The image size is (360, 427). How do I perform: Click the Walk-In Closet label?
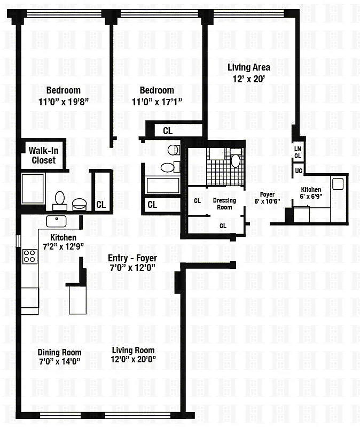(x=44, y=155)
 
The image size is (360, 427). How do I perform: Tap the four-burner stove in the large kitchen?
(x=30, y=257)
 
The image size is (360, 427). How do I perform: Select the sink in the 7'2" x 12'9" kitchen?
(x=56, y=221)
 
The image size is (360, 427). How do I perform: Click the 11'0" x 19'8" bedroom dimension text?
(x=64, y=102)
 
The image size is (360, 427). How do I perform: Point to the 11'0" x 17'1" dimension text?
(x=157, y=102)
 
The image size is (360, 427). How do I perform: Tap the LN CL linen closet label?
(x=298, y=152)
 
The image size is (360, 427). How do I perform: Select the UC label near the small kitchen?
(x=299, y=170)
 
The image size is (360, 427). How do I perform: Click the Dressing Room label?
(x=224, y=204)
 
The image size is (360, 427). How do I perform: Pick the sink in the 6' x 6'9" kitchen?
(x=338, y=184)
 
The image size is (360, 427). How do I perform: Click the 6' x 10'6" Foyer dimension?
(x=267, y=201)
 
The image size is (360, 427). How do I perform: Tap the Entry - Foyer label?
(x=132, y=258)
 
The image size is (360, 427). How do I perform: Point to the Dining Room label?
(x=60, y=352)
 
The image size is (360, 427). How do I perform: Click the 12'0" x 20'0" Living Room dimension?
(x=134, y=359)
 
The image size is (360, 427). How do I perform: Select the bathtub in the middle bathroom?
(x=162, y=185)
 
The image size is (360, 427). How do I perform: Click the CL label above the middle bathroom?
(x=168, y=131)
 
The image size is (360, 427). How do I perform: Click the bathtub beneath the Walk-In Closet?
(x=33, y=189)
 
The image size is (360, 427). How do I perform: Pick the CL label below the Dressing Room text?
(x=223, y=226)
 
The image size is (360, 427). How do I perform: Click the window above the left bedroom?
(x=64, y=13)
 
